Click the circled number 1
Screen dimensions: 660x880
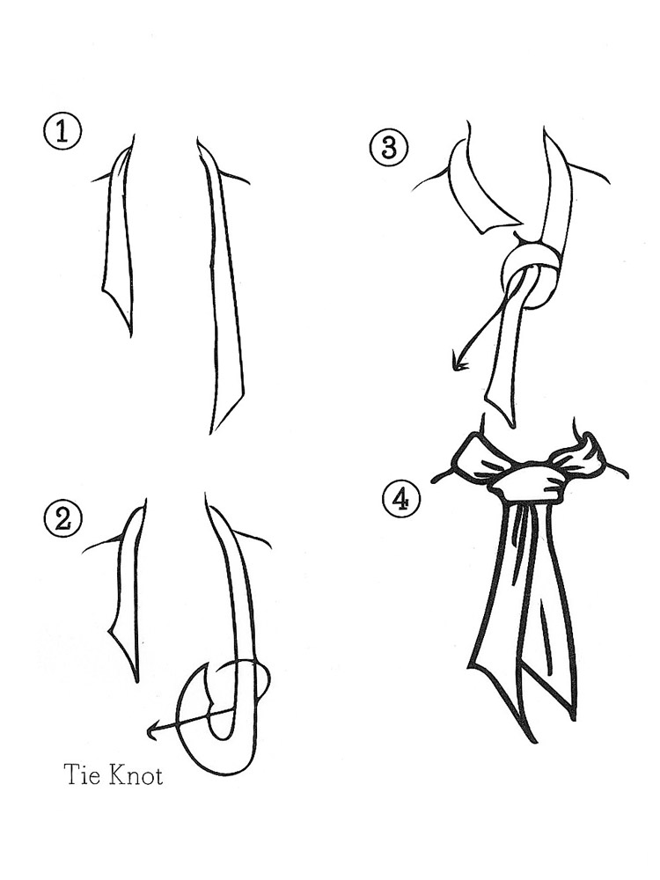point(62,133)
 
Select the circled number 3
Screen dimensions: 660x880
point(388,148)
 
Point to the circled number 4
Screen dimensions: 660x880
point(400,499)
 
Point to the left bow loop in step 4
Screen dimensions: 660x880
point(479,456)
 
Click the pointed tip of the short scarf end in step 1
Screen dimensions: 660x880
point(131,336)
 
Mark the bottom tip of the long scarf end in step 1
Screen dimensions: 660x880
point(211,432)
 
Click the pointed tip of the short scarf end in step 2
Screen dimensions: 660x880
point(137,681)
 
